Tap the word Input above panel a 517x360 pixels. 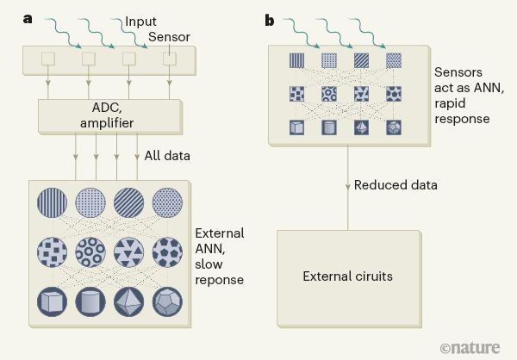(x=140, y=21)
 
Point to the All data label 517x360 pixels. (x=168, y=156)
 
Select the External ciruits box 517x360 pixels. (x=347, y=276)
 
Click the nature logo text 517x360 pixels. (x=477, y=347)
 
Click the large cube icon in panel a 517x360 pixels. (x=52, y=303)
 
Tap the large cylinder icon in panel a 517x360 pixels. (x=90, y=303)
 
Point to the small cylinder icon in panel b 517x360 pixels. (x=328, y=127)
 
